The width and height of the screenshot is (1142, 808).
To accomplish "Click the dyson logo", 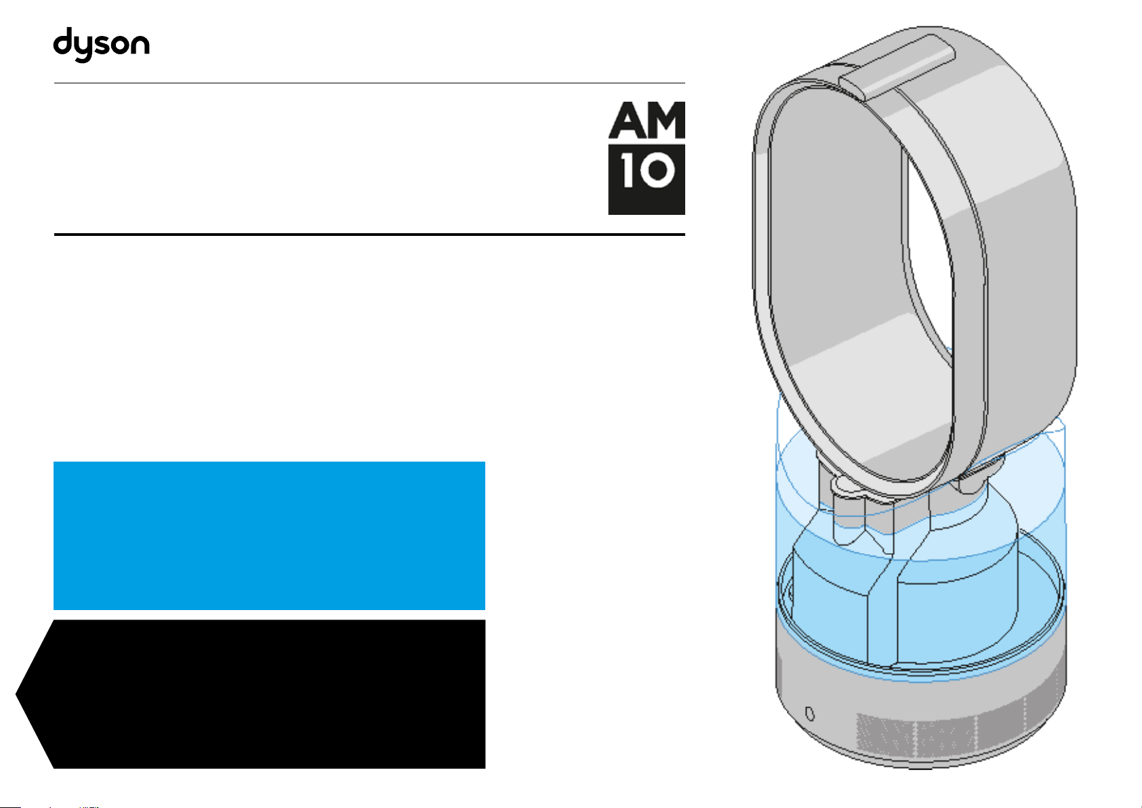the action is pyautogui.click(x=102, y=45).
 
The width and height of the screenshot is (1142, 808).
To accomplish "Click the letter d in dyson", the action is pyautogui.click(x=64, y=41).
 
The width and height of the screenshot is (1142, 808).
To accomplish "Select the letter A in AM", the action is pyautogui.click(x=626, y=120).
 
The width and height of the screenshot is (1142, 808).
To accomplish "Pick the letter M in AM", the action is pyautogui.click(x=666, y=120).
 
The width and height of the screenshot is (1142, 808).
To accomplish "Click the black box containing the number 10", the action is pyautogui.click(x=647, y=180).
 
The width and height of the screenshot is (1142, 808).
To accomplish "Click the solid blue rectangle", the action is pyautogui.click(x=269, y=536).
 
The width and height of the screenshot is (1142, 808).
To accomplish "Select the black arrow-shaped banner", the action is pyautogui.click(x=251, y=694).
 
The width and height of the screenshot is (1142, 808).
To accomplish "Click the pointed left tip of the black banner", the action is pyautogui.click(x=16, y=694).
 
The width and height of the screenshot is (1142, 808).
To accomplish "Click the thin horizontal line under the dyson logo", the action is pyautogui.click(x=369, y=83).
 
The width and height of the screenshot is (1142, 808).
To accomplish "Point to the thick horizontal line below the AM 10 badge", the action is pyautogui.click(x=369, y=235).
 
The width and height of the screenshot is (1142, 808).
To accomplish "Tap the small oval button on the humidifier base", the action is pyautogui.click(x=810, y=714).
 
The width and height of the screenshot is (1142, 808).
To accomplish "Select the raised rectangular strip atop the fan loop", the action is pyautogui.click(x=897, y=67).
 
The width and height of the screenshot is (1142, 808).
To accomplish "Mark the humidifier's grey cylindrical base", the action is pyautogui.click(x=921, y=714).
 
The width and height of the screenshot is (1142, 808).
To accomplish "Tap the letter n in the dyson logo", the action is pyautogui.click(x=139, y=44).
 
